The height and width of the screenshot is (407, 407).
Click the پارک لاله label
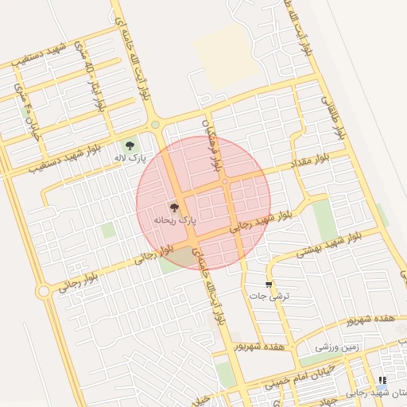128,159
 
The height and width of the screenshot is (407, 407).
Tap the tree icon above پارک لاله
130,145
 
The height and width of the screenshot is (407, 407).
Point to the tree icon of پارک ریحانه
175,207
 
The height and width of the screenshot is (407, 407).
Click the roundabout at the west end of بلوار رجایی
43,292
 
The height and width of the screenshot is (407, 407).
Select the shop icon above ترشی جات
269,284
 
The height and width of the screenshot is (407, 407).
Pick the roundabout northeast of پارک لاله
155,124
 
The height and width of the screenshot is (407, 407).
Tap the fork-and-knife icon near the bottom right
382,381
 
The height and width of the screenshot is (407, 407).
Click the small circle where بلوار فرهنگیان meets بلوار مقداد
225,182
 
